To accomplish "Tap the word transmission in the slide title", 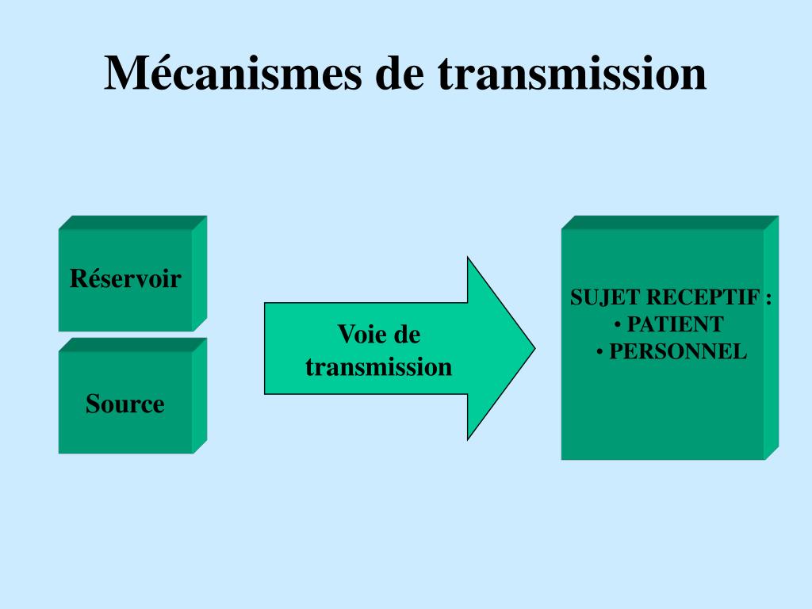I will click(572, 73).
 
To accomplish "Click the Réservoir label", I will click(125, 279).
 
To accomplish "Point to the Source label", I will click(125, 404).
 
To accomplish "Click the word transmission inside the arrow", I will click(378, 367).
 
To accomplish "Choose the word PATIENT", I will click(675, 324).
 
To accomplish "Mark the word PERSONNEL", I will click(678, 351).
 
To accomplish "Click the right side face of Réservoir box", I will click(199, 273).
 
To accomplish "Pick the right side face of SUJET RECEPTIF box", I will click(771, 338).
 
